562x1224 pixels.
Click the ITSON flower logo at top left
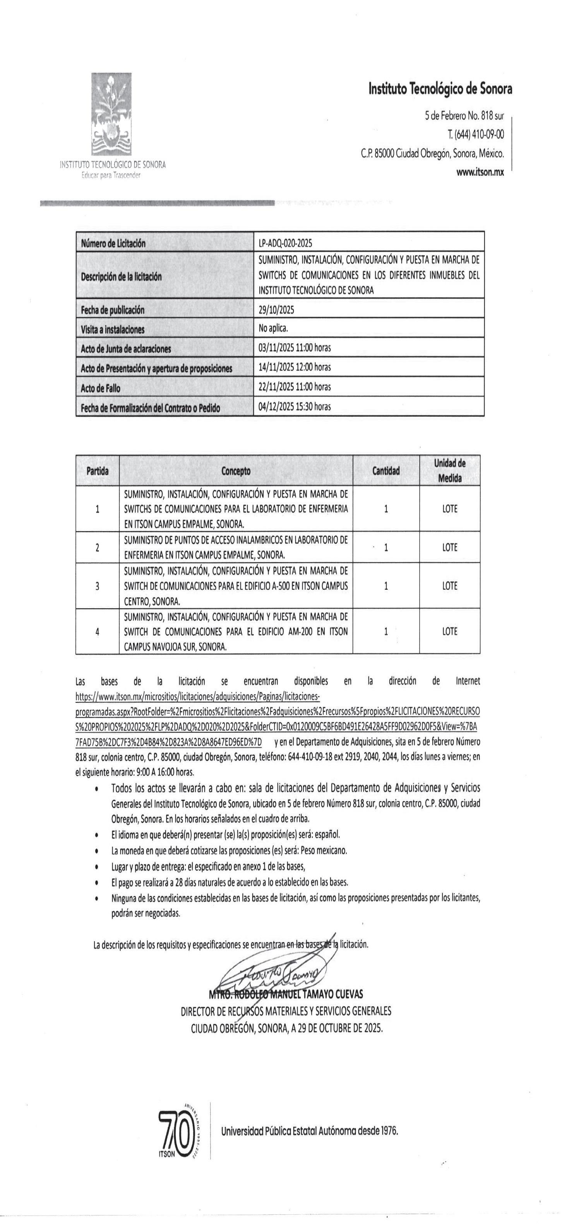coord(111,115)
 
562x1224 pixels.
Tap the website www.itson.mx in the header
coord(480,173)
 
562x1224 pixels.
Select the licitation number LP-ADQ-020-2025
coord(286,243)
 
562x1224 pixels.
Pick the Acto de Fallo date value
coord(295,387)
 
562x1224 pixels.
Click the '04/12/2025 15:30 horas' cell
coord(295,407)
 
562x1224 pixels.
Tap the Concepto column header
coord(236,471)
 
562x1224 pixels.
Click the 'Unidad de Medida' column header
coord(449,470)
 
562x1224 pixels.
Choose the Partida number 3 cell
coord(98,586)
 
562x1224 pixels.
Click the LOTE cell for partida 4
coord(449,632)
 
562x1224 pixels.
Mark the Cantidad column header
coord(386,471)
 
